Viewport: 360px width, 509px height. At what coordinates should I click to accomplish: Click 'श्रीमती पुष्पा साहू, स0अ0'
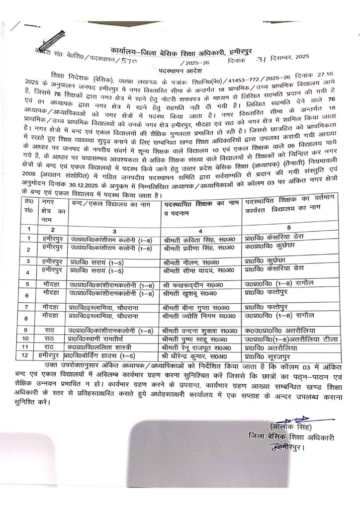195,339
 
